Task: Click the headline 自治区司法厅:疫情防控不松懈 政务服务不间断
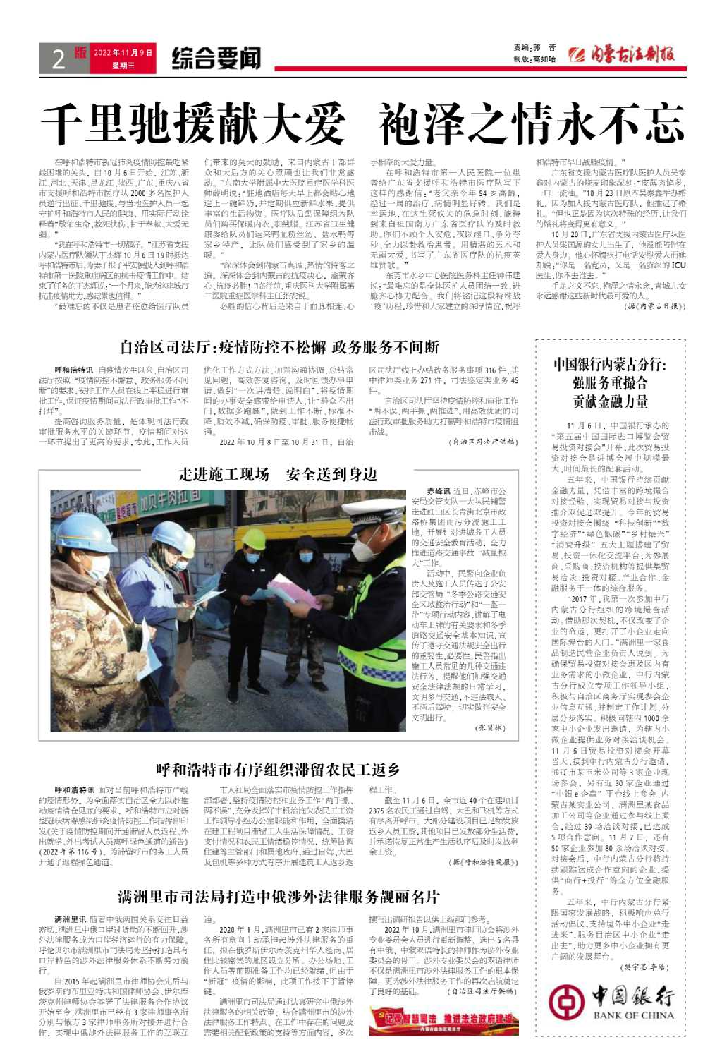[x=279, y=347]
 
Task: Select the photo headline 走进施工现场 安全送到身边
[x=278, y=474]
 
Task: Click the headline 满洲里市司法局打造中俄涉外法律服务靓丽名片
[x=279, y=897]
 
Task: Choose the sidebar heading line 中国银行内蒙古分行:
[x=610, y=365]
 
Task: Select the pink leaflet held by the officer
[x=293, y=591]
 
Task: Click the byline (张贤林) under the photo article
[x=490, y=727]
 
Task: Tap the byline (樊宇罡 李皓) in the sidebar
[x=644, y=967]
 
